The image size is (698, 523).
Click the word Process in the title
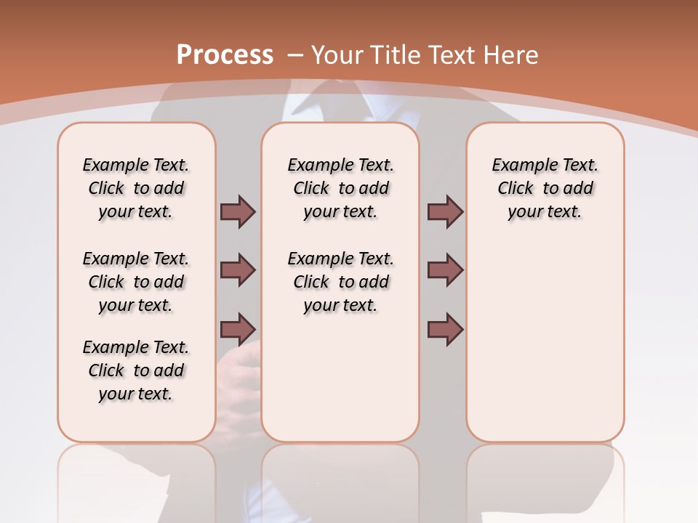point(225,55)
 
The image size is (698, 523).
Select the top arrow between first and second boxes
point(238,211)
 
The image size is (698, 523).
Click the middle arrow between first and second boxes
point(238,270)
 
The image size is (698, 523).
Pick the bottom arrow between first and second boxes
point(238,329)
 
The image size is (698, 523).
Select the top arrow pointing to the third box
point(445,211)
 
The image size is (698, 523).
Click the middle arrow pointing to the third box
point(445,270)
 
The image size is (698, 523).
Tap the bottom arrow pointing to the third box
point(445,329)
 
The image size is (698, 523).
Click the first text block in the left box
point(136,188)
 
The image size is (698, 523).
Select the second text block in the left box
point(136,282)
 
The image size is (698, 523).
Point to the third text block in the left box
point(136,370)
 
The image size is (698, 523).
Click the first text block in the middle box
point(341,188)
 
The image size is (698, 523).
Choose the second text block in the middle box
point(341,282)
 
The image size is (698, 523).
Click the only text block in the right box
point(545,188)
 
